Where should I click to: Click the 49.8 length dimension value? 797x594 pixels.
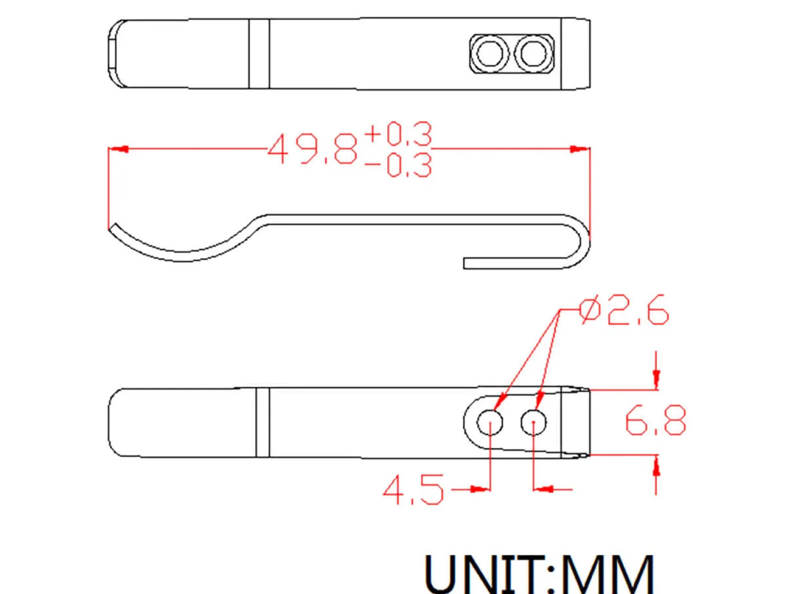point(312,149)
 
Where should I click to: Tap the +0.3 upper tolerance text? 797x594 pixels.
point(398,134)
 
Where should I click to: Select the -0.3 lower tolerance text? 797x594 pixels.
point(398,165)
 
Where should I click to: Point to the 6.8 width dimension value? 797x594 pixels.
point(655,421)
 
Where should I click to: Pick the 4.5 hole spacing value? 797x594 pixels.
point(413,489)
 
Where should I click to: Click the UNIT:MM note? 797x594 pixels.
point(539,573)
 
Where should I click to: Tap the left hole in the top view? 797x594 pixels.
point(489,53)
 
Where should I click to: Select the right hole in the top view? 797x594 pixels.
point(533,53)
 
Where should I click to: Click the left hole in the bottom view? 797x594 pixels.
point(489,423)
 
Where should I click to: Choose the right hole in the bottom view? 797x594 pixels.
point(533,423)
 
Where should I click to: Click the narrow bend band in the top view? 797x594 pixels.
point(259,53)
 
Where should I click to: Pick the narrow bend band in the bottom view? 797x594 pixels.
point(263,422)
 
